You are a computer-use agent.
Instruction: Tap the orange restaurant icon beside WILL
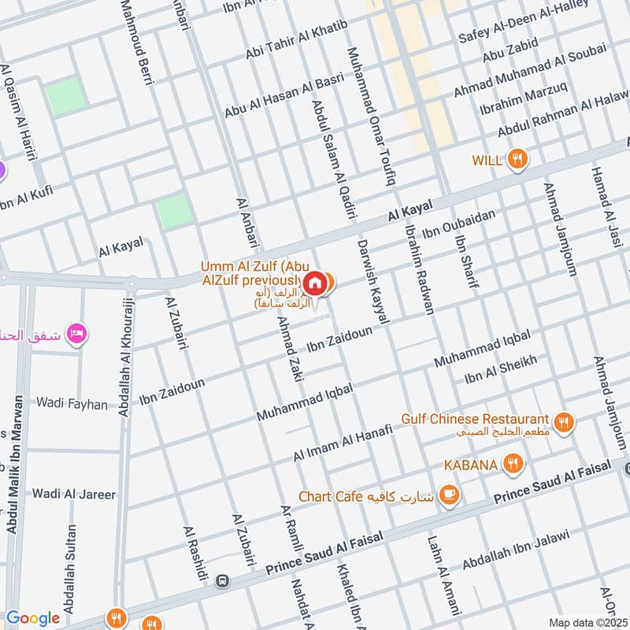coord(517,159)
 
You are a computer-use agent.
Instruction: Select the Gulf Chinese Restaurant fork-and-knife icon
coord(563,423)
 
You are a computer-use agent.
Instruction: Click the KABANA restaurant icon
coord(513,464)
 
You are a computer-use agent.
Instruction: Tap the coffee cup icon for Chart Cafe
coord(449,495)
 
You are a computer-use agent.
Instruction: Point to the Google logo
coord(32,618)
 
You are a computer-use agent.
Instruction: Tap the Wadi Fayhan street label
coord(71,404)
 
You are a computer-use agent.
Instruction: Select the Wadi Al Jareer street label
coord(73,495)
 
